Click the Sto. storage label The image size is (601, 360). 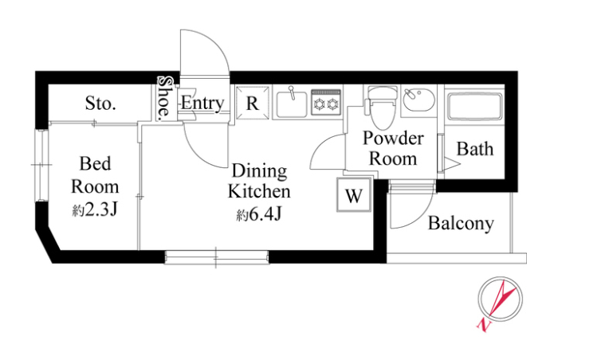coord(100,103)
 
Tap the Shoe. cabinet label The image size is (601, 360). coord(165,97)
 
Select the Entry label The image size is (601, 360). coord(202,103)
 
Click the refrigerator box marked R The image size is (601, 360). coord(252,103)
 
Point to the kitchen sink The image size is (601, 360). coord(291,101)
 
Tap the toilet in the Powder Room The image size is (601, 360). coord(382,108)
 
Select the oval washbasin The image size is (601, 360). coord(419,100)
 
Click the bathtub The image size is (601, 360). coord(475,106)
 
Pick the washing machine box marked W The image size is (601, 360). coord(354,195)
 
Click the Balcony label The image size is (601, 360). coord(461,224)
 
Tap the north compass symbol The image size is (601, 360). coord(500,299)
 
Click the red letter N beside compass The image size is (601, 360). coord(484,325)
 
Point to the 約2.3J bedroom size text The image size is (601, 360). coord(95,210)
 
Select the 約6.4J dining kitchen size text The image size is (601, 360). coord(259,215)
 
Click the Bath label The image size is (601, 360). coord(475,149)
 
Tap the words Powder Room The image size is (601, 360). coord(393,149)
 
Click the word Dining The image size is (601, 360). coord(260,171)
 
